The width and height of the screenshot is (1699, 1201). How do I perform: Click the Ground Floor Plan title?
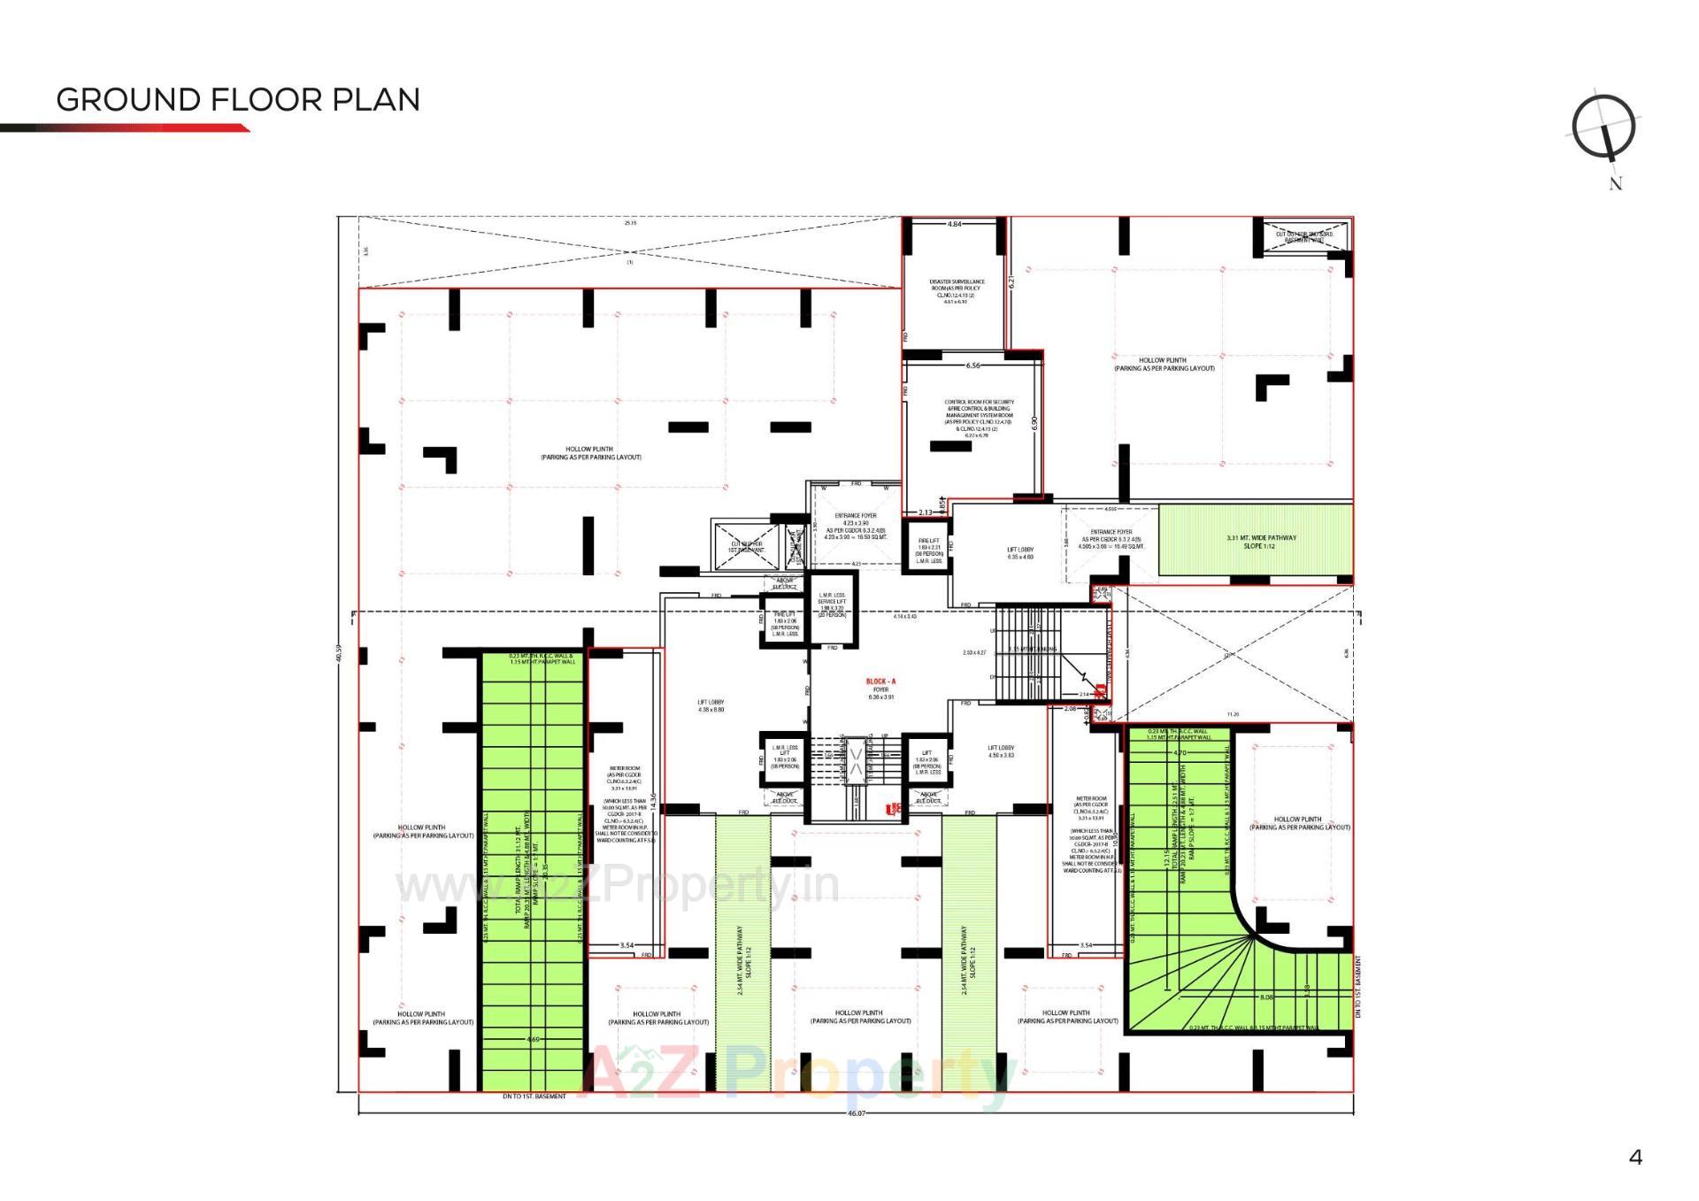(238, 99)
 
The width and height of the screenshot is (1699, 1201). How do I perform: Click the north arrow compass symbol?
(1603, 128)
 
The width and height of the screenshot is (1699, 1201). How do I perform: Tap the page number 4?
(1635, 1157)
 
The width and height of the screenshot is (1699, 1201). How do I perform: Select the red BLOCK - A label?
(880, 681)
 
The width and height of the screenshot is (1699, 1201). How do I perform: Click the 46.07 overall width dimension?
(856, 1113)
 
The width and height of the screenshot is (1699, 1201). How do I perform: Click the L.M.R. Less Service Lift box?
(832, 604)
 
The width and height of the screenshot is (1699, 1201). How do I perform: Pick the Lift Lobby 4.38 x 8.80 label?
(711, 705)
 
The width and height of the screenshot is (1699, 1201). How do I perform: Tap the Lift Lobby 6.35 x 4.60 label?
(1019, 553)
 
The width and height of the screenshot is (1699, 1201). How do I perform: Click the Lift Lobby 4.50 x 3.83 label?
(1000, 751)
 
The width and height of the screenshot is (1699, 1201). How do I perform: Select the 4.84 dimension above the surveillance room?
(954, 225)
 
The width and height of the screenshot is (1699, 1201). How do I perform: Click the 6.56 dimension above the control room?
(973, 366)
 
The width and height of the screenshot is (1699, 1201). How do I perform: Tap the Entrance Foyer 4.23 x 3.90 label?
(855, 526)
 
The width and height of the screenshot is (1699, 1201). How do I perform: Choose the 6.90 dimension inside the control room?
(1034, 423)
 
